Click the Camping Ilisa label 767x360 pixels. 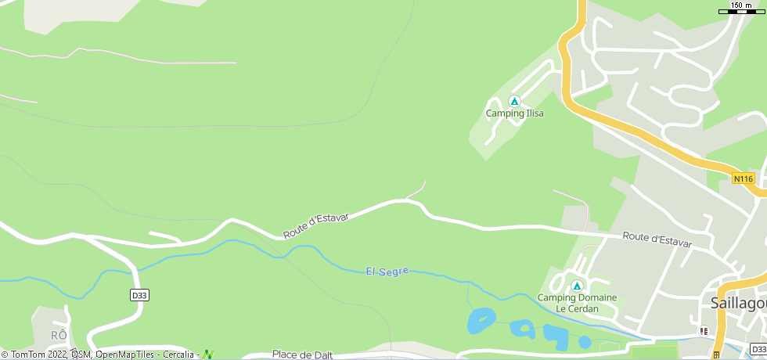514,113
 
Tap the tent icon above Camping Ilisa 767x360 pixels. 514,101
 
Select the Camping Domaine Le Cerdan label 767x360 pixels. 577,303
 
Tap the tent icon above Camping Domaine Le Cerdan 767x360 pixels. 577,286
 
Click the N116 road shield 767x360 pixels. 743,179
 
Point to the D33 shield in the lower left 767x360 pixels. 139,295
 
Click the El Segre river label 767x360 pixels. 387,271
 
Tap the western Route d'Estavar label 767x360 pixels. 315,225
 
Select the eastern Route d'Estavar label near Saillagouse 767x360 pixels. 657,239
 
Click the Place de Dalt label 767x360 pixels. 302,355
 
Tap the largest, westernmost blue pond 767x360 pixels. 481,319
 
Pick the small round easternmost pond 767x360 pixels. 585,342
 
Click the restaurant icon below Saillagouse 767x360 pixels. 704,331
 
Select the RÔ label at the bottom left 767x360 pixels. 59,335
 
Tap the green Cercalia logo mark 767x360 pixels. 207,355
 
